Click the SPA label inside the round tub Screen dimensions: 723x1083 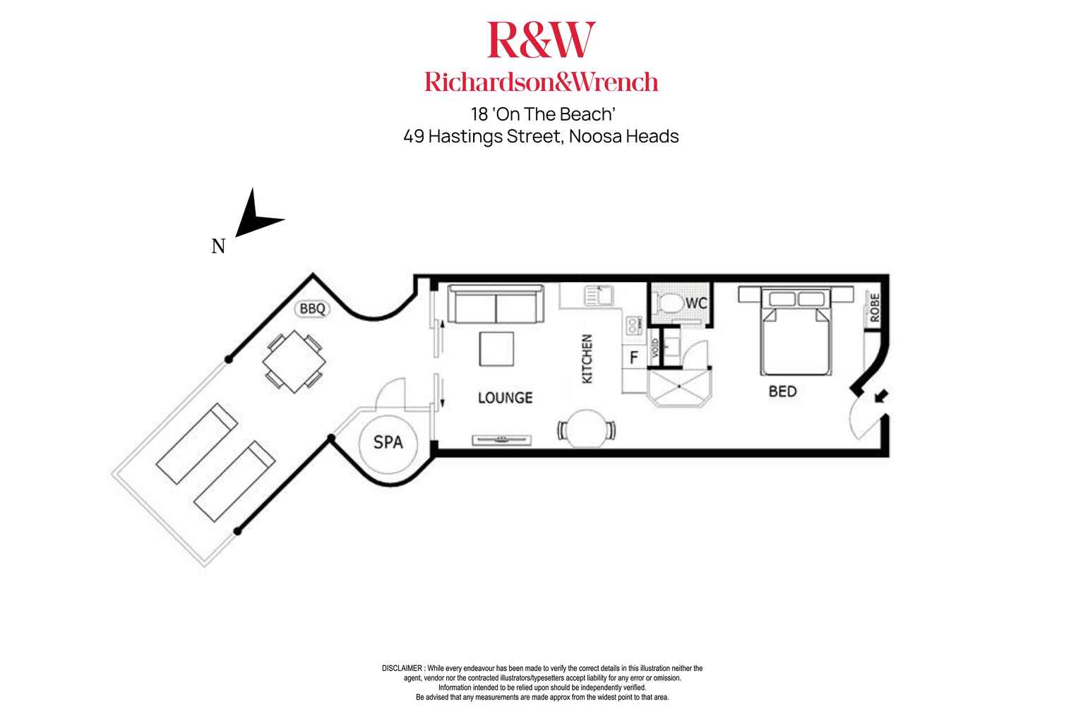pos(388,442)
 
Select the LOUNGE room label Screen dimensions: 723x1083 pos(505,398)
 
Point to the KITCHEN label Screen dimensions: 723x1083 pos(587,359)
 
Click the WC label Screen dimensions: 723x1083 pos(696,303)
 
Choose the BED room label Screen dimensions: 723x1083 pos(782,391)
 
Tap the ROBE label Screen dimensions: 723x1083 pos(874,308)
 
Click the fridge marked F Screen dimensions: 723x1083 pos(633,358)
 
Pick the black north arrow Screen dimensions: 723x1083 pos(256,216)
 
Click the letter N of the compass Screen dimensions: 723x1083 pos(219,246)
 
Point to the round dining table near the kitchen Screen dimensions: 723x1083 pos(586,428)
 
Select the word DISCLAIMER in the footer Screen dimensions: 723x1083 pos(401,668)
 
